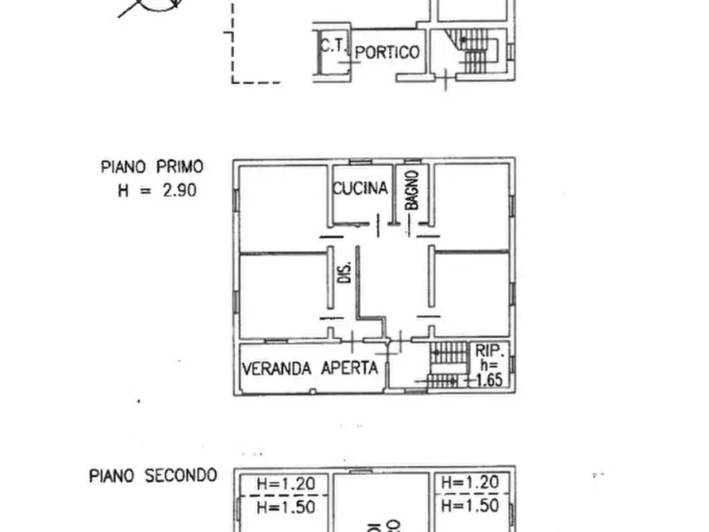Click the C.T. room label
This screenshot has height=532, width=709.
pyautogui.click(x=333, y=46)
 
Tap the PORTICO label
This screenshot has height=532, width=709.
pyautogui.click(x=387, y=53)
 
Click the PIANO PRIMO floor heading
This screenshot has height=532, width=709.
pyautogui.click(x=152, y=168)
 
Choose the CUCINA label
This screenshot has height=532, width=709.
pyautogui.click(x=360, y=188)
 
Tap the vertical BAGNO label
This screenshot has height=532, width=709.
pyautogui.click(x=411, y=191)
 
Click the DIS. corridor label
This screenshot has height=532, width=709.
pyautogui.click(x=345, y=273)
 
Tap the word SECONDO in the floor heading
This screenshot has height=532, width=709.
pyautogui.click(x=181, y=476)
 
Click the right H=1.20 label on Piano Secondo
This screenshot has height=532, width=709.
pyautogui.click(x=469, y=482)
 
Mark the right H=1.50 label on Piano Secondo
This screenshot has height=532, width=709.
pyautogui.click(x=469, y=506)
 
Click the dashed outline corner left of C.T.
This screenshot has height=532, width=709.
pyautogui.click(x=233, y=81)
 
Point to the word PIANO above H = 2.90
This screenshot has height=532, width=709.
pyautogui.click(x=123, y=168)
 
